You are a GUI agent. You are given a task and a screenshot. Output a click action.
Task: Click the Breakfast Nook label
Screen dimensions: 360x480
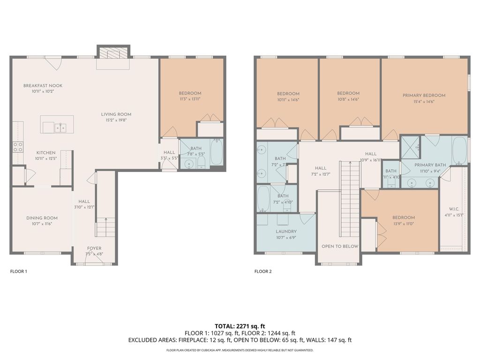coord(43,86)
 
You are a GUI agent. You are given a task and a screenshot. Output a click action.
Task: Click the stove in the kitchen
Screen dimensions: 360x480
coord(17,147)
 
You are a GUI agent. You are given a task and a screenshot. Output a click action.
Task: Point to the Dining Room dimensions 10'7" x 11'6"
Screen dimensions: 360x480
coord(42,224)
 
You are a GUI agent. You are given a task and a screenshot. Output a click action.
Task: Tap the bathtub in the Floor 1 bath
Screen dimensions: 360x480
coord(216,152)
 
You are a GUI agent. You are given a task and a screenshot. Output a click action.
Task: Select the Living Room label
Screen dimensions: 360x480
coord(116,114)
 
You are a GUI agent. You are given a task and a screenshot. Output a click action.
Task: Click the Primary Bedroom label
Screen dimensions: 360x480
coord(424,96)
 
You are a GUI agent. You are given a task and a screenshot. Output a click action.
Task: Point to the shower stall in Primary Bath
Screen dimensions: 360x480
coord(411,150)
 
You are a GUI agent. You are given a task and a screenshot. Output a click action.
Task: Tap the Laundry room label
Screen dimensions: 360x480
coord(286,232)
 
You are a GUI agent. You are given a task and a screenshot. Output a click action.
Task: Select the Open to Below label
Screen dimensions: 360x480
coord(339,247)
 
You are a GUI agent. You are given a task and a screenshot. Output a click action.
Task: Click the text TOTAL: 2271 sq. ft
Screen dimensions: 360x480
coord(240,326)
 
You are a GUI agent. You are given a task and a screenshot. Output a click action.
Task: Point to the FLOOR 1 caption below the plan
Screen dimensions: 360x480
coord(19,271)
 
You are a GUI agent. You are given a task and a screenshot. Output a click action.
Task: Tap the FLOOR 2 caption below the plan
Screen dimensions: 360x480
coord(263,271)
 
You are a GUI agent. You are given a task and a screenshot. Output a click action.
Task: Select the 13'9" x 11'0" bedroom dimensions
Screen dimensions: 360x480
coord(404,224)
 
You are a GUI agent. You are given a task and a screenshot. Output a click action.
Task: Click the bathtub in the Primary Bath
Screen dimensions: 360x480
coord(459,150)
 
